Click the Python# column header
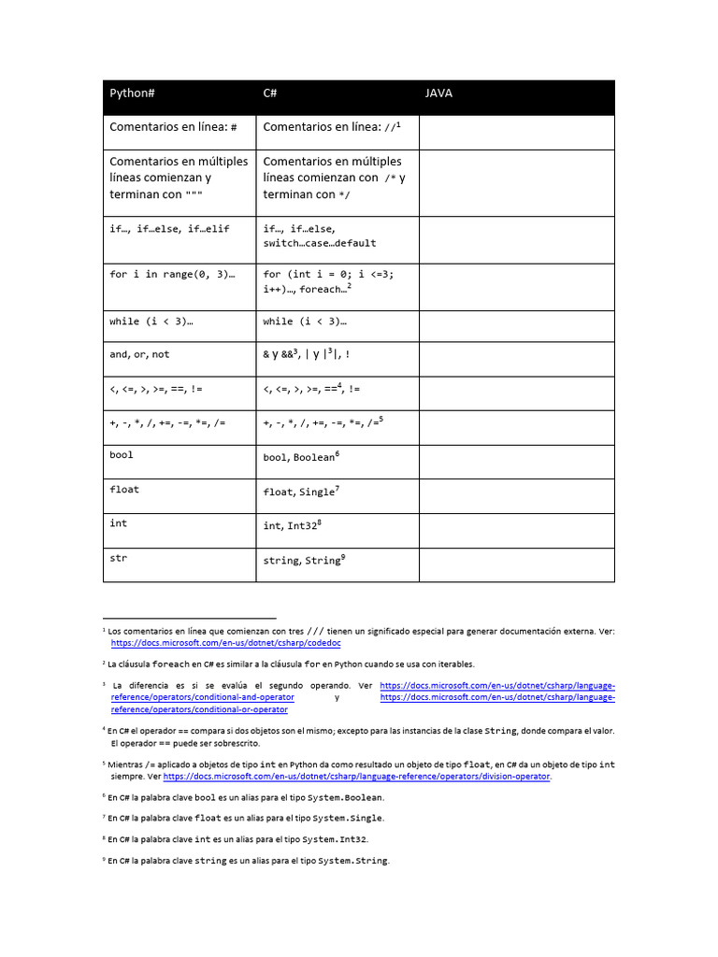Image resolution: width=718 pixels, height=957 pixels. pos(132,93)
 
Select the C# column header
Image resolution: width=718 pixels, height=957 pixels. pos(270,93)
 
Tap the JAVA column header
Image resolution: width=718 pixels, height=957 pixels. pos(438,93)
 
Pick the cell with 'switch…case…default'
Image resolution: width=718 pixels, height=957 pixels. pos(320,243)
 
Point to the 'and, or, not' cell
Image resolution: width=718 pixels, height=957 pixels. pos(139,354)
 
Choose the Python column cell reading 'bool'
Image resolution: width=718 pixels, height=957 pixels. pos(122,455)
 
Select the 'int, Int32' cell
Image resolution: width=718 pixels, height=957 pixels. pos(293,525)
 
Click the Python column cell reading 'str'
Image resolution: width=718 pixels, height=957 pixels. pos(119,558)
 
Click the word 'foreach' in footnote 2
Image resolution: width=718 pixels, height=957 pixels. pos(172,664)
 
